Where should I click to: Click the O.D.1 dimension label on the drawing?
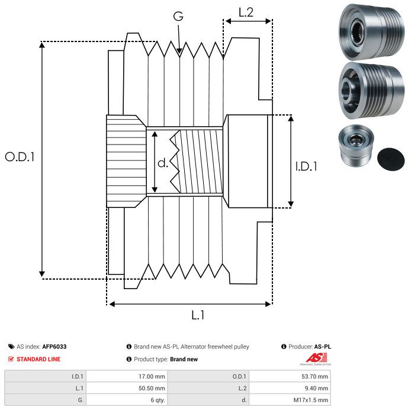[x=20, y=157]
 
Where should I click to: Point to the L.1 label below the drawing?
[x=198, y=316]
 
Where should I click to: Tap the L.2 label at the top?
[x=246, y=12]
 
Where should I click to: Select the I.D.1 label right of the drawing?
[x=306, y=167]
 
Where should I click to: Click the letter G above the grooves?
[x=178, y=17]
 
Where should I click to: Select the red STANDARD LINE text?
[x=38, y=359]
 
